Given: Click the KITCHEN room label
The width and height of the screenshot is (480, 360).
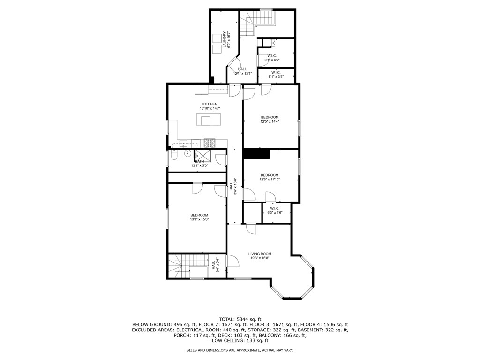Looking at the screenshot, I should tap(210, 104).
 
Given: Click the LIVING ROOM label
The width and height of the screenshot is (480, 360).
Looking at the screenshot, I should tap(260, 254).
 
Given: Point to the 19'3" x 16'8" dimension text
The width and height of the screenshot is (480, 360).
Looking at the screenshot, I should tap(260, 258).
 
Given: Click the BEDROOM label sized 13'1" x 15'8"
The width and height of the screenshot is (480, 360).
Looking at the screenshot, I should tap(199, 215).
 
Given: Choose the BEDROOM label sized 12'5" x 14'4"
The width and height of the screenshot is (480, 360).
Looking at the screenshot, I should tap(270, 117).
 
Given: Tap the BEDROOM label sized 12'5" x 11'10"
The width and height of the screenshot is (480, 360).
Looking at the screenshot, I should tap(270, 175).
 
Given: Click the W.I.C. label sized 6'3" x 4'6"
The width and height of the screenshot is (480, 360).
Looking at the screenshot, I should tap(274, 208).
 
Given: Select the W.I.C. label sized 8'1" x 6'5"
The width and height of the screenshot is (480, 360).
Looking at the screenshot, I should tap(271, 56).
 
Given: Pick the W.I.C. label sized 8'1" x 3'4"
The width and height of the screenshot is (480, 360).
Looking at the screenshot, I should tap(275, 72).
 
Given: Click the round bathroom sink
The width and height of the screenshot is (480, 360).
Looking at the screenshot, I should tap(187, 154).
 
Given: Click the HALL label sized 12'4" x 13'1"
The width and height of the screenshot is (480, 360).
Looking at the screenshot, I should tap(242, 69).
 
